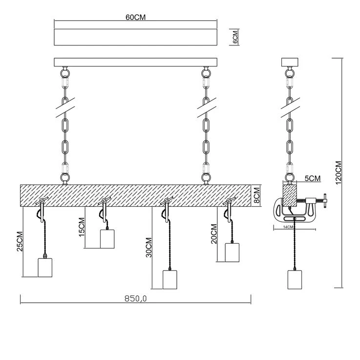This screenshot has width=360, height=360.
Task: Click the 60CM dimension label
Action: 136,17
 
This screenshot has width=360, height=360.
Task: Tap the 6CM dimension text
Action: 235,37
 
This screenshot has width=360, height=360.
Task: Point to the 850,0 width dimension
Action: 135,299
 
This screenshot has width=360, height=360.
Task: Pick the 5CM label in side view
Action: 312,178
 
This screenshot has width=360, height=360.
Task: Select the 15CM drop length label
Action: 82,228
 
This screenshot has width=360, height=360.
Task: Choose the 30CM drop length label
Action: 148,247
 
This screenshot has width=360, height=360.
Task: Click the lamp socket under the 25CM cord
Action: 44,268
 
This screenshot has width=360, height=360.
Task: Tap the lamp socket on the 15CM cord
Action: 107,239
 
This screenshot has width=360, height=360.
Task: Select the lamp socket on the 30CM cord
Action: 169,279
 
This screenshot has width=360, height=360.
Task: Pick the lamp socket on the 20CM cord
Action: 232,253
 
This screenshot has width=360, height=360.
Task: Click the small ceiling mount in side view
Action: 290,63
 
